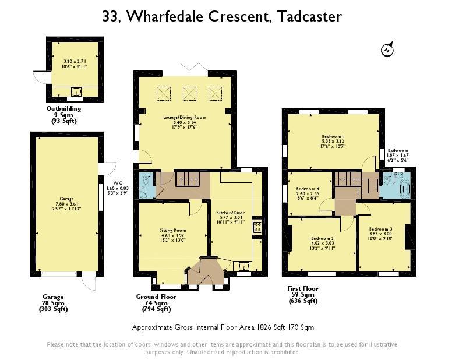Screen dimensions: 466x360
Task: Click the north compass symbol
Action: point(387,49)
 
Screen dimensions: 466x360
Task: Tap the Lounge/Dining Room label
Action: point(185,117)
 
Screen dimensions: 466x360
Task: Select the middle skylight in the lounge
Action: point(189,94)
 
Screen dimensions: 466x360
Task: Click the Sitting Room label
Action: point(172,230)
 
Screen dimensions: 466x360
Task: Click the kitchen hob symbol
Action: point(257,227)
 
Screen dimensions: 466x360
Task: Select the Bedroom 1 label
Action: point(333,136)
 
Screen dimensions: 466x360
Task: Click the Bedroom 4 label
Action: point(308,189)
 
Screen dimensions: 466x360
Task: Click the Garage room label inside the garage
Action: point(66,199)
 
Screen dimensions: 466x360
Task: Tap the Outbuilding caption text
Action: point(63,108)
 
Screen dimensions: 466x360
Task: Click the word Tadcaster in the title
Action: point(309,16)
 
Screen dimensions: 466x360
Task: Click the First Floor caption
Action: point(302,288)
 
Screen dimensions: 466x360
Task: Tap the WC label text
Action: point(118,183)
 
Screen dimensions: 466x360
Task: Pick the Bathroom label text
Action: point(398,150)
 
